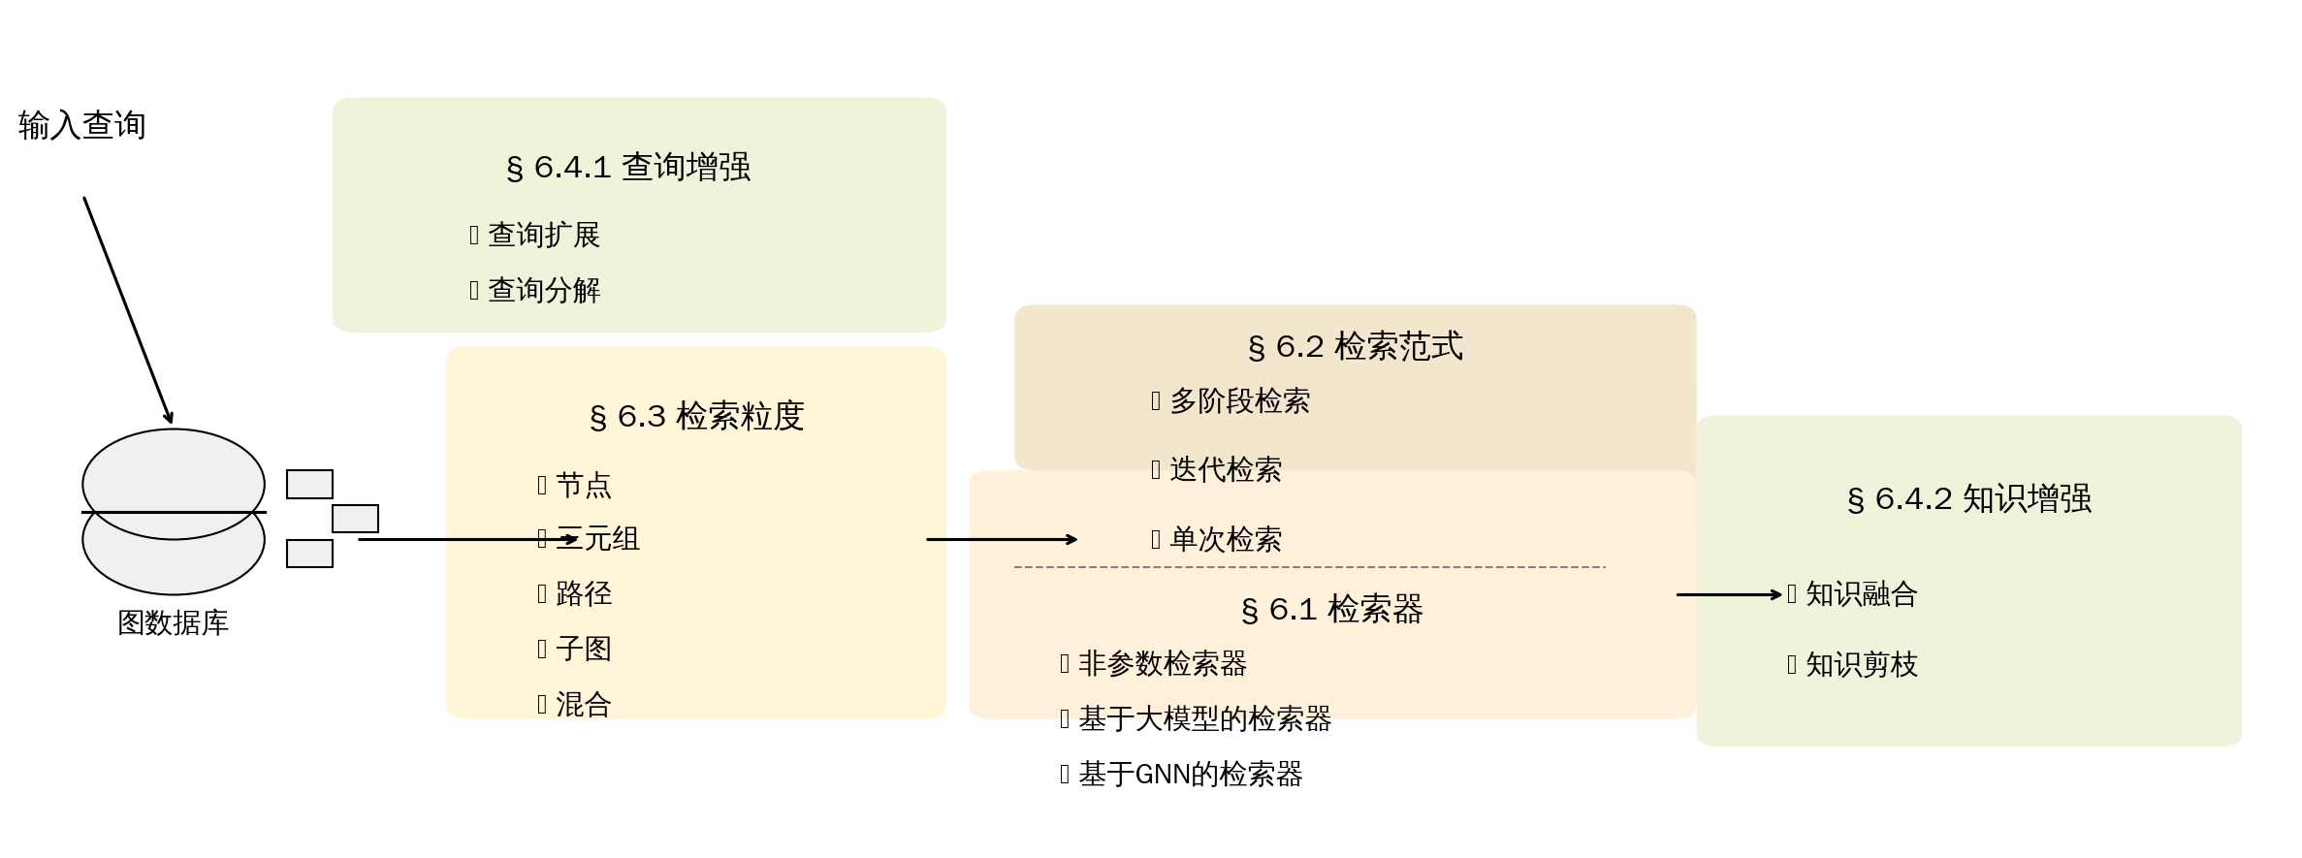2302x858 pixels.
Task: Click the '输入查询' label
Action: (82, 125)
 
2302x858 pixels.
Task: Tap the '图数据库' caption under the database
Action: (173, 622)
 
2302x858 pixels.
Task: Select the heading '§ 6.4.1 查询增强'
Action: (628, 167)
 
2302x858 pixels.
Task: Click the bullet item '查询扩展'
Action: (543, 235)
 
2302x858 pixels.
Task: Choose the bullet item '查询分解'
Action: (543, 290)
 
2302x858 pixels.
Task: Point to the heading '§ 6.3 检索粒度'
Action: (696, 416)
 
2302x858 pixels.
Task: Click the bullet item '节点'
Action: (583, 485)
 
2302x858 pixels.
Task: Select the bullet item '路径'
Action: (583, 593)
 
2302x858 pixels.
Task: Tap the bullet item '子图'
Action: (583, 649)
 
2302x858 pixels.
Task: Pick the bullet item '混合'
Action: (583, 704)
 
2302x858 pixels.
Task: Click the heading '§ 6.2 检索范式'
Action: (1355, 346)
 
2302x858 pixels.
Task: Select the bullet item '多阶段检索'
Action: (1239, 400)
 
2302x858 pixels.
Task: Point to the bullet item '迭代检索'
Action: (1225, 469)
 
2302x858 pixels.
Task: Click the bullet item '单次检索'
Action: (1225, 539)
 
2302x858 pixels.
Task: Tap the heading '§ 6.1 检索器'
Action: (1331, 609)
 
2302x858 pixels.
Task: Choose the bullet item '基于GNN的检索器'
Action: (1190, 774)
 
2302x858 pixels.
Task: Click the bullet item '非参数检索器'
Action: (1162, 663)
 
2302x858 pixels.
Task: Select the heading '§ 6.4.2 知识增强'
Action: (1968, 498)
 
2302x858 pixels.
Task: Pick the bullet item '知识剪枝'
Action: (1861, 664)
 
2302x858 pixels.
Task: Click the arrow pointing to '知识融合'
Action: (1728, 594)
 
